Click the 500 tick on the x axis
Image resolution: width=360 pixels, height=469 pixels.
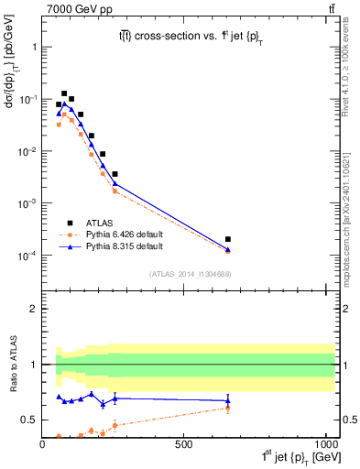click(183, 442)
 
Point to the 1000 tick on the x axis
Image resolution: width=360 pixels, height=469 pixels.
click(322, 442)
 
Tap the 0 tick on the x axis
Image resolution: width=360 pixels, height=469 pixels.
click(43, 442)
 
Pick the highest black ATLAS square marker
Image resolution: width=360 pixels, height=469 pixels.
click(64, 93)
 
